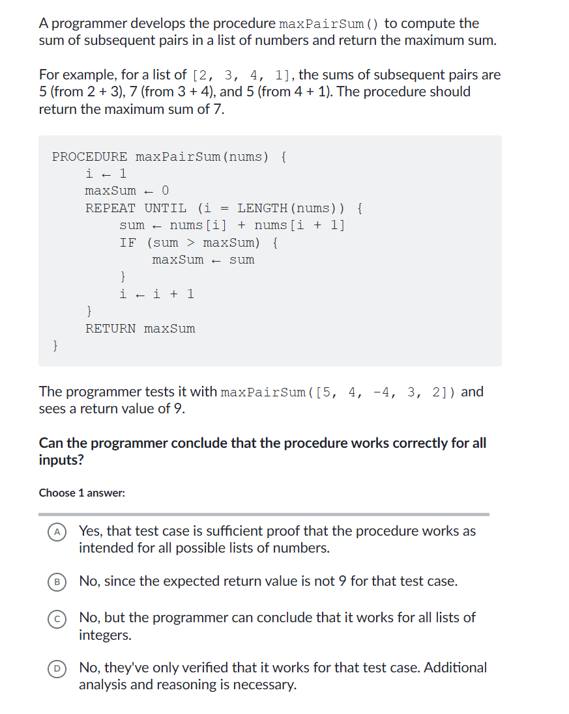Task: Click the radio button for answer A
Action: (57, 532)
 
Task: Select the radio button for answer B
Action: (57, 581)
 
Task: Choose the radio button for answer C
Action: (57, 618)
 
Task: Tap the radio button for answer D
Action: (57, 668)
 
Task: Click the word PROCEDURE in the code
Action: (89, 157)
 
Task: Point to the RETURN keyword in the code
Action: (110, 329)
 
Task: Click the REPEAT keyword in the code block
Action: (110, 208)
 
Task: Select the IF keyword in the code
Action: (128, 243)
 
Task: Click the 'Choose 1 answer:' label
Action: (82, 493)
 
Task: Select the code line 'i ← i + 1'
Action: (157, 294)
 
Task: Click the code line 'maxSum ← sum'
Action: (203, 260)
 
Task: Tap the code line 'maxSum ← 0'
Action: (127, 191)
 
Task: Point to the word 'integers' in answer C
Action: (104, 635)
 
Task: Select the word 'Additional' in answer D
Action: (455, 667)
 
